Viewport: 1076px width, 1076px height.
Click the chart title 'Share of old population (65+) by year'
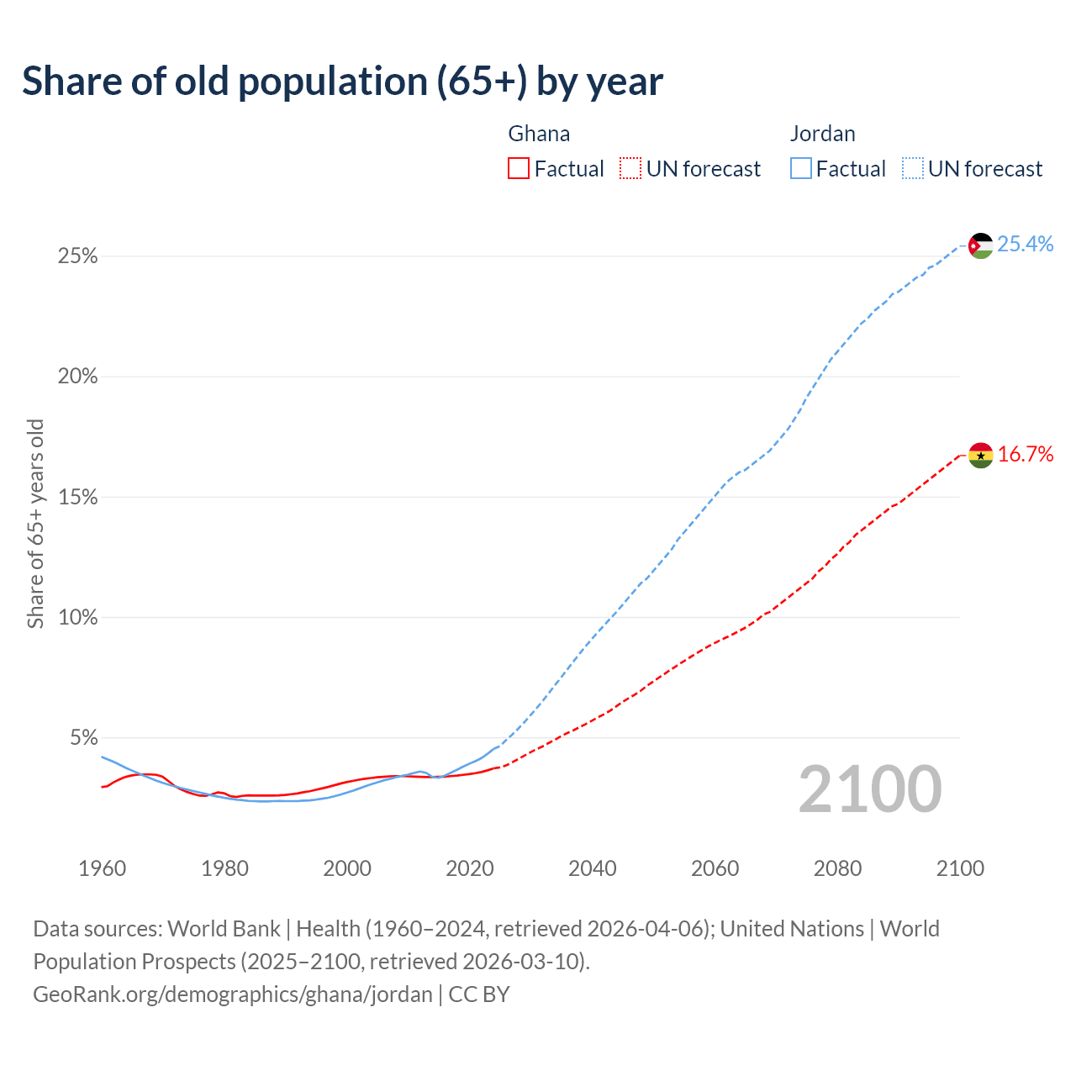(x=342, y=82)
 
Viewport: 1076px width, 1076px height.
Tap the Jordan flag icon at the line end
(x=980, y=245)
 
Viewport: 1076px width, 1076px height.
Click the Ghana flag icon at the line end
(x=980, y=456)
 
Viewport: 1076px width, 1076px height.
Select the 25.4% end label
(x=1025, y=244)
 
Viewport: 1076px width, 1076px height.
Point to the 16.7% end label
(x=1025, y=455)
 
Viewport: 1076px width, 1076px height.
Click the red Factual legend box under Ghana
(x=519, y=169)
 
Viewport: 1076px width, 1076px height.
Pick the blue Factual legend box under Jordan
(x=800, y=169)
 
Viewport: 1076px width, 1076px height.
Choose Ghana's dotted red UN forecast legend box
(x=630, y=169)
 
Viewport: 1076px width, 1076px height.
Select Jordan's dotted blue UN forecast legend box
(x=912, y=169)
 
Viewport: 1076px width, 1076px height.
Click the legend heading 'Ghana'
(x=539, y=134)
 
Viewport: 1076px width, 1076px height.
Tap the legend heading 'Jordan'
(x=822, y=134)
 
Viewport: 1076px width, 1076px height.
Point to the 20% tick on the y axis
(x=77, y=377)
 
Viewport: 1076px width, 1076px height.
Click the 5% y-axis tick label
(x=83, y=738)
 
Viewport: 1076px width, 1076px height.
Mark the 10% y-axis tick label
(x=77, y=618)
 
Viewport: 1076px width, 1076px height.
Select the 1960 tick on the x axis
(x=102, y=868)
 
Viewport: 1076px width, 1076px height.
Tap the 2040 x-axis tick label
(x=592, y=868)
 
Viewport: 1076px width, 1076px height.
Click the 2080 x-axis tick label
(x=837, y=868)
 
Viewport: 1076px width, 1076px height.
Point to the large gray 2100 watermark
(x=870, y=789)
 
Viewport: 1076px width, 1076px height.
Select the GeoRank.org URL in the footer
(x=232, y=994)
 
